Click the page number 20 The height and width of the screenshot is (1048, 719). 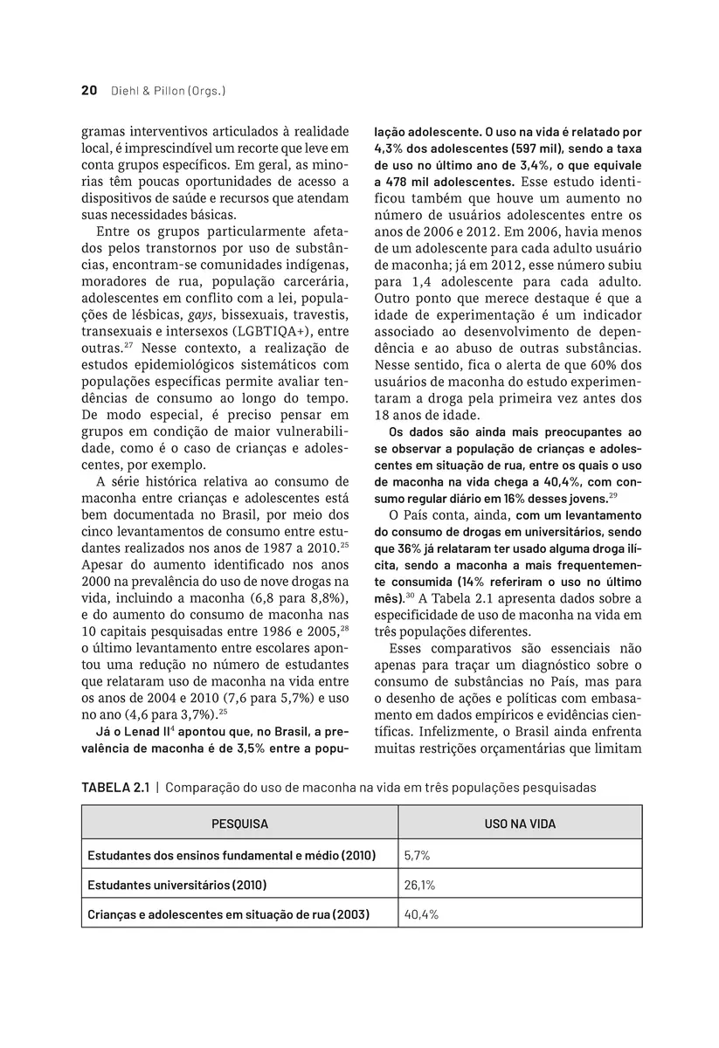pos(88,90)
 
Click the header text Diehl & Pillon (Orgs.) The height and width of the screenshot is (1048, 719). pos(169,90)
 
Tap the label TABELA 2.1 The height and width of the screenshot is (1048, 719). pos(115,787)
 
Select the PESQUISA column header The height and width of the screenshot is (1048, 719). pos(239,824)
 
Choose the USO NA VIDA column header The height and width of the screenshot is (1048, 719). pos(520,824)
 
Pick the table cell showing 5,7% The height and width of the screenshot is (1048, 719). pos(418,856)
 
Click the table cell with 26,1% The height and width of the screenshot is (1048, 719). pos(419,885)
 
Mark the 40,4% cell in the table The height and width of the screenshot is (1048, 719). pos(420,914)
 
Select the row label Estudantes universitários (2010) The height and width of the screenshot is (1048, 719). pos(176,885)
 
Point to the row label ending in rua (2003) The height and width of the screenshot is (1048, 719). pos(228,914)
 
